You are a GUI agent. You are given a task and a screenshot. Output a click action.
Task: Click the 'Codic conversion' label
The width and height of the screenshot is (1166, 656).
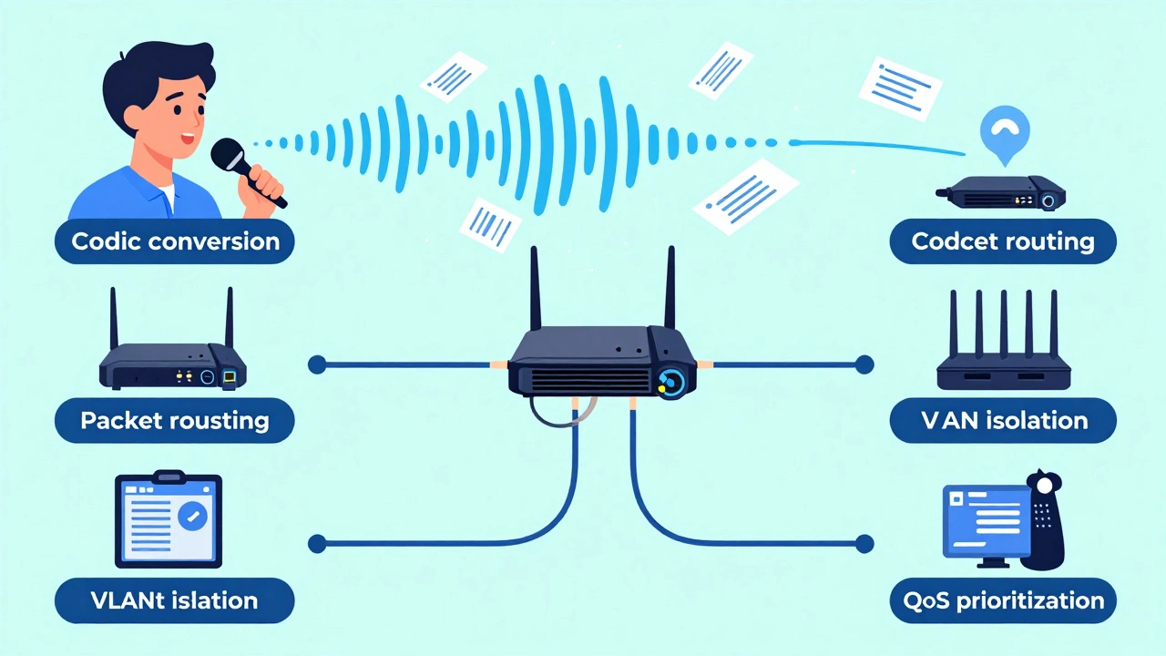[175, 241]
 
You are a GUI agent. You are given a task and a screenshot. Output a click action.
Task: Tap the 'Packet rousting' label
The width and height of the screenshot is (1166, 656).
[175, 420]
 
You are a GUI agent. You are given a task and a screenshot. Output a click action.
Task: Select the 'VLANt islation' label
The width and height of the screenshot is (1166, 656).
[175, 600]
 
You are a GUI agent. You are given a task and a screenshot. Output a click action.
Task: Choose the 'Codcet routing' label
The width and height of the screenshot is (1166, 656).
[1002, 241]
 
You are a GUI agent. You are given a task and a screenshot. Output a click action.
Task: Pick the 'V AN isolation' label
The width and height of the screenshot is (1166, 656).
[1002, 420]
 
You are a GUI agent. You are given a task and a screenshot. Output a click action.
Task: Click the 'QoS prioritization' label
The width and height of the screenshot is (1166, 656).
[1002, 600]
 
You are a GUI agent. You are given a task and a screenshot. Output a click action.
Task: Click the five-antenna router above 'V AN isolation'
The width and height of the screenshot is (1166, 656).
[1002, 351]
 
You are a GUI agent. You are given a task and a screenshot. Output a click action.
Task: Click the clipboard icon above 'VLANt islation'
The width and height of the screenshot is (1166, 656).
[168, 519]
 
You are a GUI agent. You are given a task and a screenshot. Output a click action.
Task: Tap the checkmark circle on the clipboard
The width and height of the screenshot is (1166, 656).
[193, 516]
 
